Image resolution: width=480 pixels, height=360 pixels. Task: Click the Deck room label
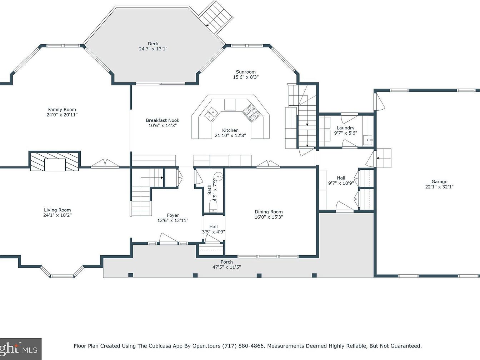click(153, 44)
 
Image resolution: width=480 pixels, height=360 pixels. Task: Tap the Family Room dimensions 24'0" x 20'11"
click(62, 115)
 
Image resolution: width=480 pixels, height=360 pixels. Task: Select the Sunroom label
click(246, 72)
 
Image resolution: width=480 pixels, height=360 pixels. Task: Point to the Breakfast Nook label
click(162, 120)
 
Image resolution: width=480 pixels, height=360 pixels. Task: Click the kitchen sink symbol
click(211, 113)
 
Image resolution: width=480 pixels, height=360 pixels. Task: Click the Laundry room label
click(345, 128)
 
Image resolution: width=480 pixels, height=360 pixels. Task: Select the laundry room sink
click(368, 140)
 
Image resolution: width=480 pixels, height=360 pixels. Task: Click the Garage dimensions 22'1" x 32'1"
click(439, 187)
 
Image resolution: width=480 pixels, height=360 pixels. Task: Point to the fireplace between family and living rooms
click(55, 161)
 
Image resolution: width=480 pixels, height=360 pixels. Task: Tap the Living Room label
click(57, 210)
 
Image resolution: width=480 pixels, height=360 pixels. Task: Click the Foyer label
click(173, 215)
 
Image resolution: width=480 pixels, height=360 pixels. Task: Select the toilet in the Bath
click(213, 206)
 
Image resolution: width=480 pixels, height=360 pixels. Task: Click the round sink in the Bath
click(218, 175)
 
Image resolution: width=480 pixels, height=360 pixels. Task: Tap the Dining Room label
click(269, 212)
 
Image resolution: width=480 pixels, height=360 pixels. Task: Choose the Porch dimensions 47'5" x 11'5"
click(226, 267)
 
